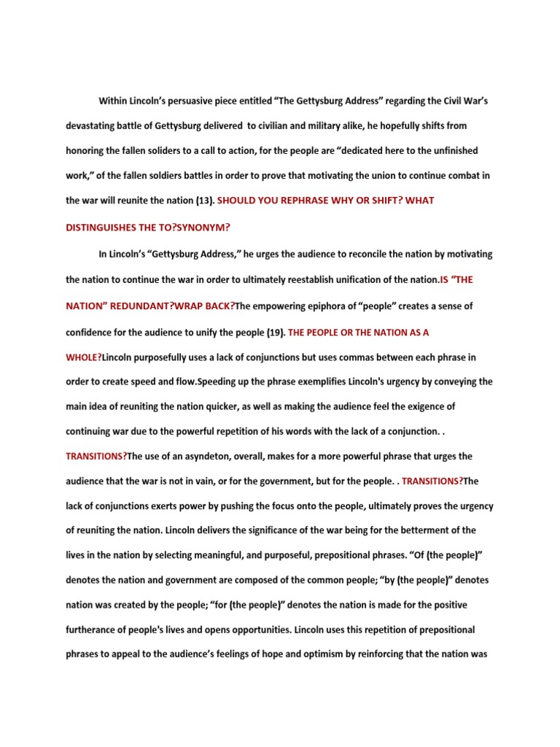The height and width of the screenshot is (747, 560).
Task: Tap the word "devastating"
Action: coord(93,125)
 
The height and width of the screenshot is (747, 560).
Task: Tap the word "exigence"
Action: coord(437,406)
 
